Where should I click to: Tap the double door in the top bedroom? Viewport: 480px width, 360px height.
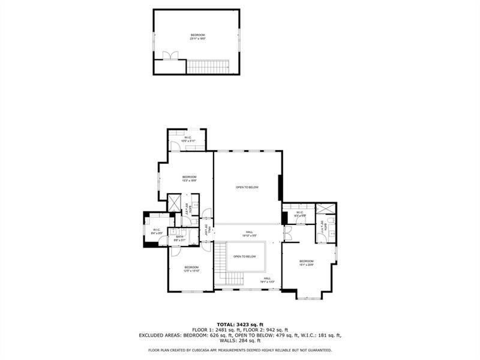coord(170,55)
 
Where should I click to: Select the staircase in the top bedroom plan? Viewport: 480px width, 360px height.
coord(209,66)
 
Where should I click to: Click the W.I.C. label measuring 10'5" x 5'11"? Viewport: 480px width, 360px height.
coord(188,139)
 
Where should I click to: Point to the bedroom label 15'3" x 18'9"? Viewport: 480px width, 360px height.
coord(190,178)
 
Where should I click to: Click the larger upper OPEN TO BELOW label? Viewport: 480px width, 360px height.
coord(247,188)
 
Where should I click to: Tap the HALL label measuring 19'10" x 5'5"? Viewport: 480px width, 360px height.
coord(249,234)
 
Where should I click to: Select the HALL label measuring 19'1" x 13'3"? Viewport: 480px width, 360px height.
coord(267,280)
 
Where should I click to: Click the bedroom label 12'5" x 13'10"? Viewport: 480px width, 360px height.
coord(191,269)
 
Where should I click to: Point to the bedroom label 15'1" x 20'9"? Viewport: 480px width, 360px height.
coord(306,263)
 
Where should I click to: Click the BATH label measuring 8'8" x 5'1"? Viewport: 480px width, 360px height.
coord(179,238)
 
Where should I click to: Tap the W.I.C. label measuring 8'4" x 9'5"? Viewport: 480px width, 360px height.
coord(156,232)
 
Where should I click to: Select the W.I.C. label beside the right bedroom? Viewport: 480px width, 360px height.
coord(299,214)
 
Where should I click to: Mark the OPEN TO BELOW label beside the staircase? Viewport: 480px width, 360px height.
coord(245,257)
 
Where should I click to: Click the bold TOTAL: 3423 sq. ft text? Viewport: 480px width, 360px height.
coord(240,325)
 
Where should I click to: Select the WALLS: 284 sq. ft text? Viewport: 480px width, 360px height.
coord(240,341)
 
